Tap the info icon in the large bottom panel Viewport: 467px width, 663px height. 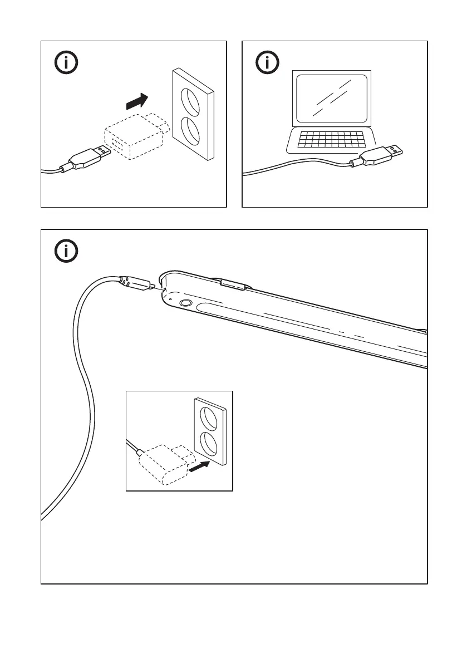[x=66, y=252]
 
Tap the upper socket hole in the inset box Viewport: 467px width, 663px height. [x=209, y=417]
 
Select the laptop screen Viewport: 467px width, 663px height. [x=331, y=99]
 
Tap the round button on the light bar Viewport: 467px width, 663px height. [x=185, y=303]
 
